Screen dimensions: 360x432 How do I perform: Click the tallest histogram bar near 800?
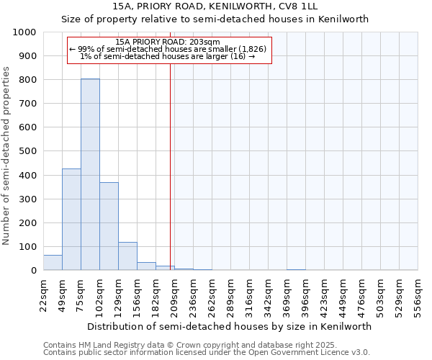point(90,174)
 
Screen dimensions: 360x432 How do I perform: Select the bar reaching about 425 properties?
point(71,220)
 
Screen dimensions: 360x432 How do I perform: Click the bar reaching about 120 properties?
point(127,256)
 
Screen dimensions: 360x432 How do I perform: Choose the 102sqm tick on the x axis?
point(99,294)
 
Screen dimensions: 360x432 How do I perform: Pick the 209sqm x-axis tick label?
point(174,294)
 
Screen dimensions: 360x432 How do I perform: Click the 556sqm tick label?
point(418,294)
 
